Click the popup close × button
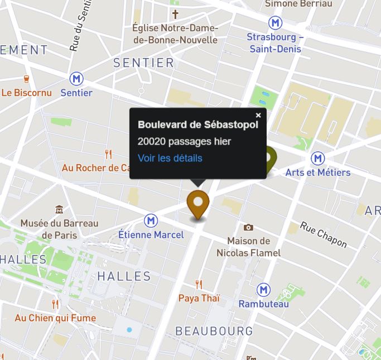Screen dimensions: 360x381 click(x=258, y=116)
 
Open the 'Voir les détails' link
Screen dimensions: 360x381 click(x=170, y=158)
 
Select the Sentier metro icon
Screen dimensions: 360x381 click(x=76, y=79)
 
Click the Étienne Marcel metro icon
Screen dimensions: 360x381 click(x=151, y=221)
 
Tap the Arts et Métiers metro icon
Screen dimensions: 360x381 click(x=318, y=159)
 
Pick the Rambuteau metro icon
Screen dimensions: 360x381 click(x=263, y=290)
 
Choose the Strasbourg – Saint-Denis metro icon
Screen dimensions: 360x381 click(x=275, y=23)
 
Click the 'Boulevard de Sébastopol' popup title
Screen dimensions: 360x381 click(x=198, y=124)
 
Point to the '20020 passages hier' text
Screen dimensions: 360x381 click(x=184, y=141)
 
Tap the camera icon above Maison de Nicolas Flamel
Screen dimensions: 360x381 click(x=248, y=227)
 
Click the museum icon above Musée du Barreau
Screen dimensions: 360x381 click(x=59, y=210)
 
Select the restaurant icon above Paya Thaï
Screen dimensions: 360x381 click(x=199, y=285)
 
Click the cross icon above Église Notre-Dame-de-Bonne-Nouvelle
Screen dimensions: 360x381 click(x=175, y=14)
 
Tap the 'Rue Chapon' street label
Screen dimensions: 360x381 click(x=323, y=234)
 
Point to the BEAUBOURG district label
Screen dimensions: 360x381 click(x=214, y=331)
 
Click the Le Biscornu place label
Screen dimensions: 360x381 click(x=26, y=93)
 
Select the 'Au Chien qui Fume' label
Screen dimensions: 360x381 click(x=55, y=318)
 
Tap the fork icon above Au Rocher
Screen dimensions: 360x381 click(x=109, y=154)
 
